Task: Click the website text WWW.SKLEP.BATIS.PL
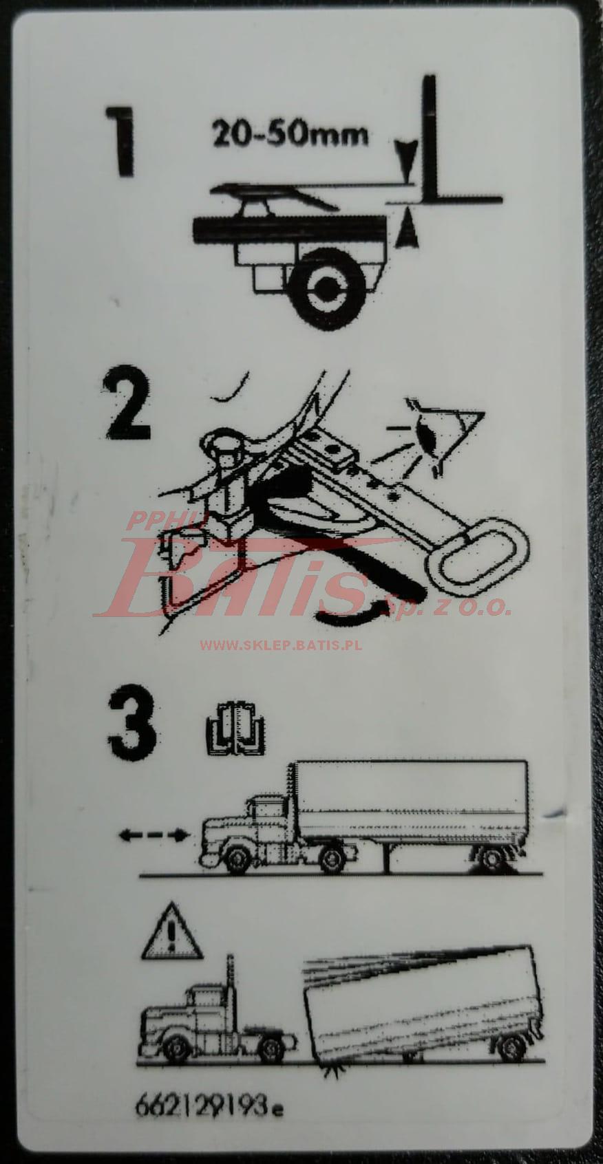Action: pos(280,645)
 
